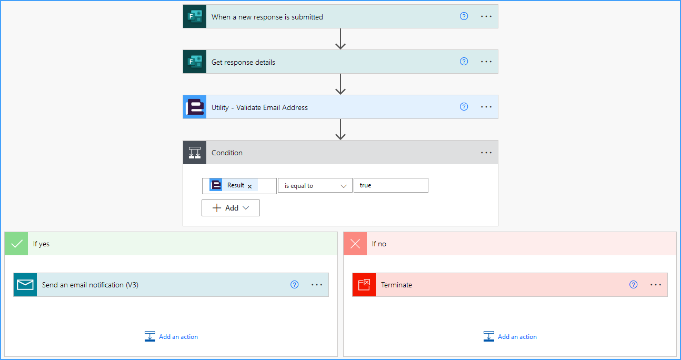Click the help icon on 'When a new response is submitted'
[464, 16]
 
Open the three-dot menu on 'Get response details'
[486, 62]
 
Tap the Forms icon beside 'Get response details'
[195, 62]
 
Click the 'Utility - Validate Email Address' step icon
[195, 107]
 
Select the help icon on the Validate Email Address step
[464, 107]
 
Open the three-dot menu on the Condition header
[486, 153]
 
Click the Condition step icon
[195, 152]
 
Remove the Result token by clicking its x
[249, 186]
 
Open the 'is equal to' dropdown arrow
[344, 186]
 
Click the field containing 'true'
[391, 185]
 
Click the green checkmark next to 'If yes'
[16, 244]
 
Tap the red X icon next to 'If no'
[355, 244]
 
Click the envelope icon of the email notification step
[25, 285]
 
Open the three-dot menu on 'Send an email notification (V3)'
[317, 285]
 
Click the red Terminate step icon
[364, 285]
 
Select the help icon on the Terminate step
[633, 285]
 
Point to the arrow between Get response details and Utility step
[340, 84]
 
